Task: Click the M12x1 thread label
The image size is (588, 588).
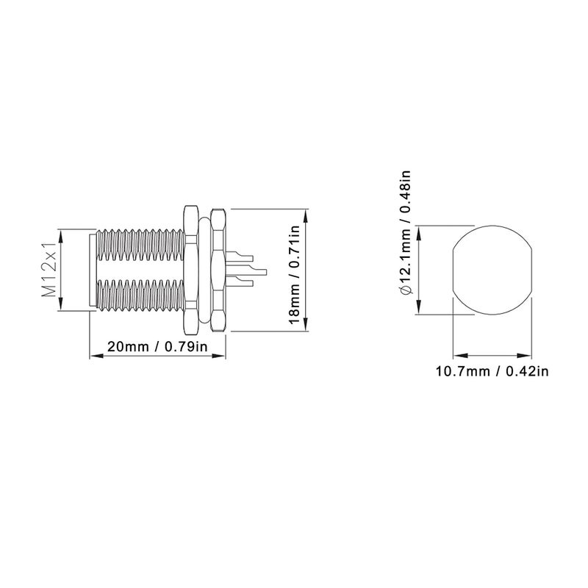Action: (49, 269)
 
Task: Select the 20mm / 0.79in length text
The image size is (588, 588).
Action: (157, 346)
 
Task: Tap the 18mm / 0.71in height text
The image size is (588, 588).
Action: (295, 270)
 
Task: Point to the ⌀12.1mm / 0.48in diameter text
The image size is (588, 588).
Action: (406, 233)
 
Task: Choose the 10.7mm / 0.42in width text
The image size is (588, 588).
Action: (492, 371)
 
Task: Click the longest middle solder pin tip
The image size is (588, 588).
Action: (265, 270)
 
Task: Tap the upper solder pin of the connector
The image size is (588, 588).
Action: (240, 257)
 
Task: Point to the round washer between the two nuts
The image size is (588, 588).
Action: (204, 269)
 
